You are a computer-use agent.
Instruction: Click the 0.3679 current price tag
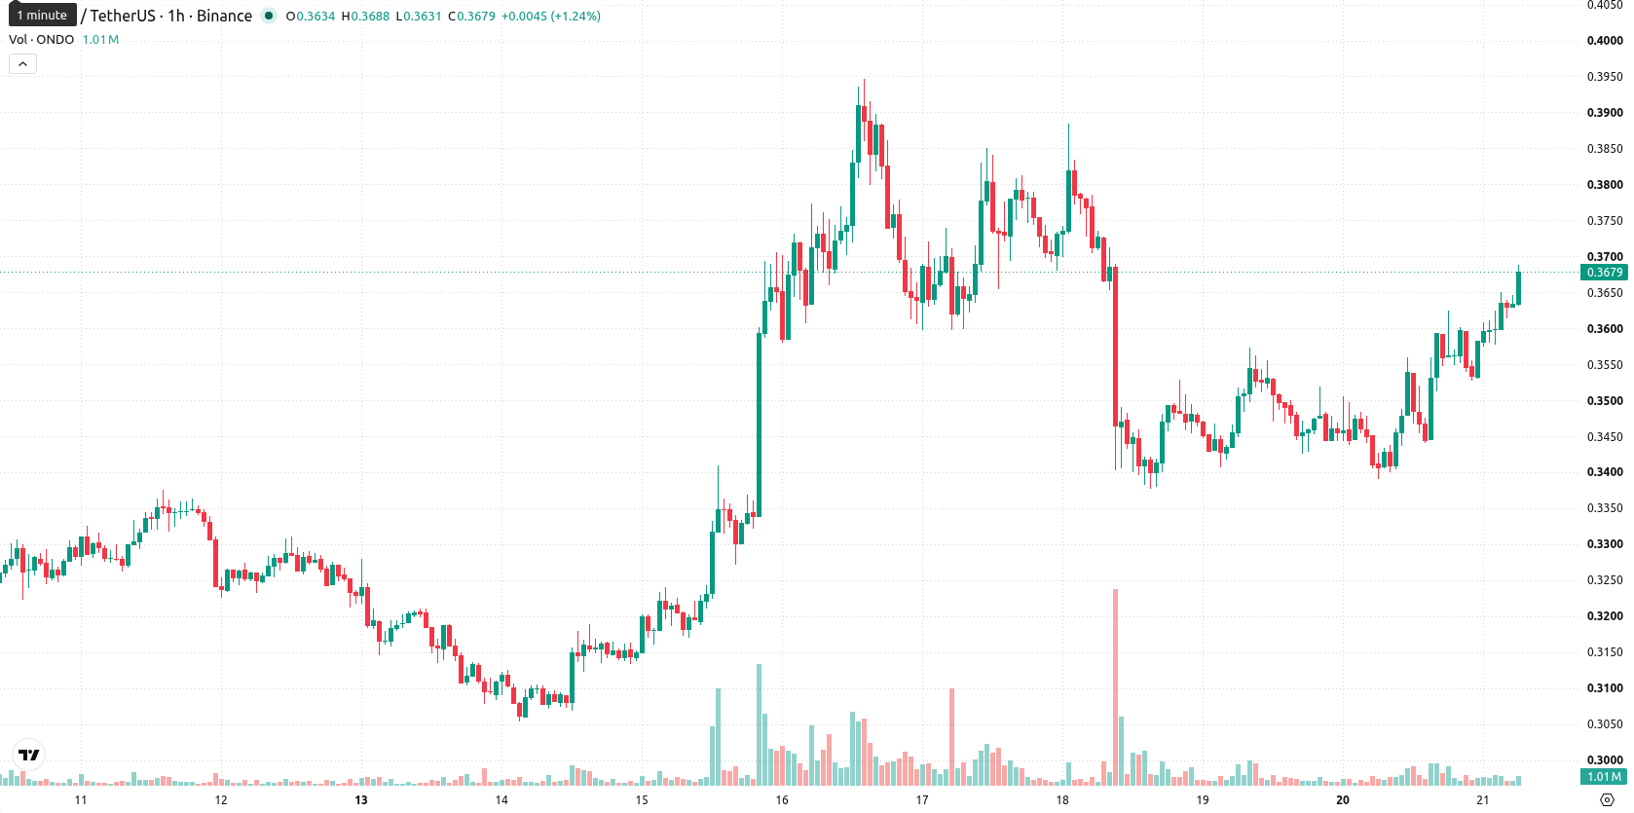[x=1604, y=273]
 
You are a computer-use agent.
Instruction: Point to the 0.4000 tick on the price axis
[x=1605, y=40]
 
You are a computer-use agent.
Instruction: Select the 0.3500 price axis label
[x=1605, y=400]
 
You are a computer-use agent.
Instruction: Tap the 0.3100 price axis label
[x=1605, y=687]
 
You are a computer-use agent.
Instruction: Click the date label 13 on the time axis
[x=361, y=800]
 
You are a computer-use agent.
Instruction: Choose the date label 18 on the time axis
[x=1062, y=800]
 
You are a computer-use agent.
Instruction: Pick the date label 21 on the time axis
[x=1482, y=800]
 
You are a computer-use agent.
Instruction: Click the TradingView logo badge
[x=29, y=755]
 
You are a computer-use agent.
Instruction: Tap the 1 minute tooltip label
[x=42, y=15]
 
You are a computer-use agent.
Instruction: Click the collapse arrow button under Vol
[x=22, y=64]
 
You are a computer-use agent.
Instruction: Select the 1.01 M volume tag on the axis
[x=1604, y=777]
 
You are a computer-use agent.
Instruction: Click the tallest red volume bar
[x=1115, y=686]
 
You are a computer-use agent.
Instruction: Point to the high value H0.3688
[x=365, y=16]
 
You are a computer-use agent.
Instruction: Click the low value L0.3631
[x=419, y=16]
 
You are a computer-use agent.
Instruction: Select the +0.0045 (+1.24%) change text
[x=551, y=16]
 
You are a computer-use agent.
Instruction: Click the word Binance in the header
[x=225, y=16]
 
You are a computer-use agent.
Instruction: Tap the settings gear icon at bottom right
[x=1607, y=800]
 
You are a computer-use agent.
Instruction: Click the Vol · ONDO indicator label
[x=42, y=39]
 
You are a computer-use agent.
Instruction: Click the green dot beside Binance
[x=269, y=16]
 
